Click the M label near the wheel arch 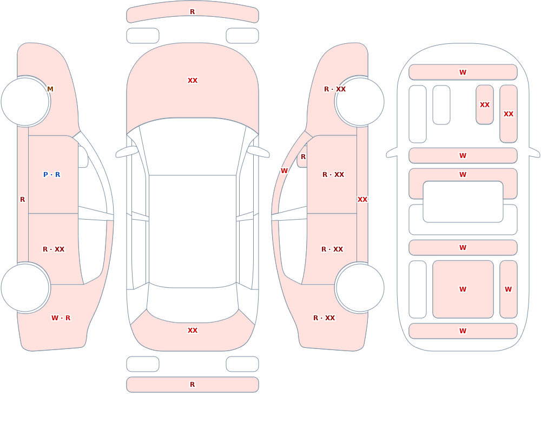(50, 89)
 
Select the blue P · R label (52, 175)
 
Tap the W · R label (61, 318)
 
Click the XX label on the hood (193, 81)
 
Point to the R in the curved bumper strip (193, 12)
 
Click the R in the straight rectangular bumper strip (193, 385)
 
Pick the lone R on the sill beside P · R (22, 200)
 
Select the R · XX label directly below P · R (54, 249)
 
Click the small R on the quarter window (304, 157)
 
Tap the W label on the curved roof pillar (284, 171)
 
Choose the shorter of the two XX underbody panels (484, 104)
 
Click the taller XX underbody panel (508, 114)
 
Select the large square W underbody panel (463, 289)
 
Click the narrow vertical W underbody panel (508, 289)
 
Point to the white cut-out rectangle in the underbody (463, 202)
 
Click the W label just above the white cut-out (463, 175)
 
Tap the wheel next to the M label (25, 102)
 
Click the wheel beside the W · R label (25, 287)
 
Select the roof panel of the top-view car (193, 231)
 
